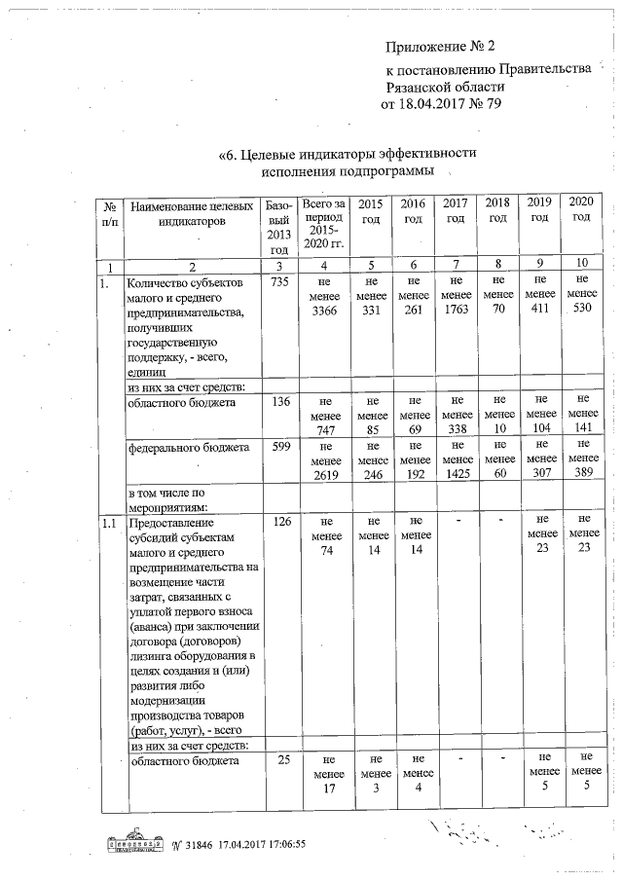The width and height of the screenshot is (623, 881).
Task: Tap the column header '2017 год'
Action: click(455, 210)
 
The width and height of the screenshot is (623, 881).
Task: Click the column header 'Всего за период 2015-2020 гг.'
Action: click(323, 224)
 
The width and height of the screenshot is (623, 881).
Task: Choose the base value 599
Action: click(278, 448)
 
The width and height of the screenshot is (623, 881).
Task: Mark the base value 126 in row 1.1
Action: click(278, 523)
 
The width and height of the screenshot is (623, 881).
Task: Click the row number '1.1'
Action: click(110, 523)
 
